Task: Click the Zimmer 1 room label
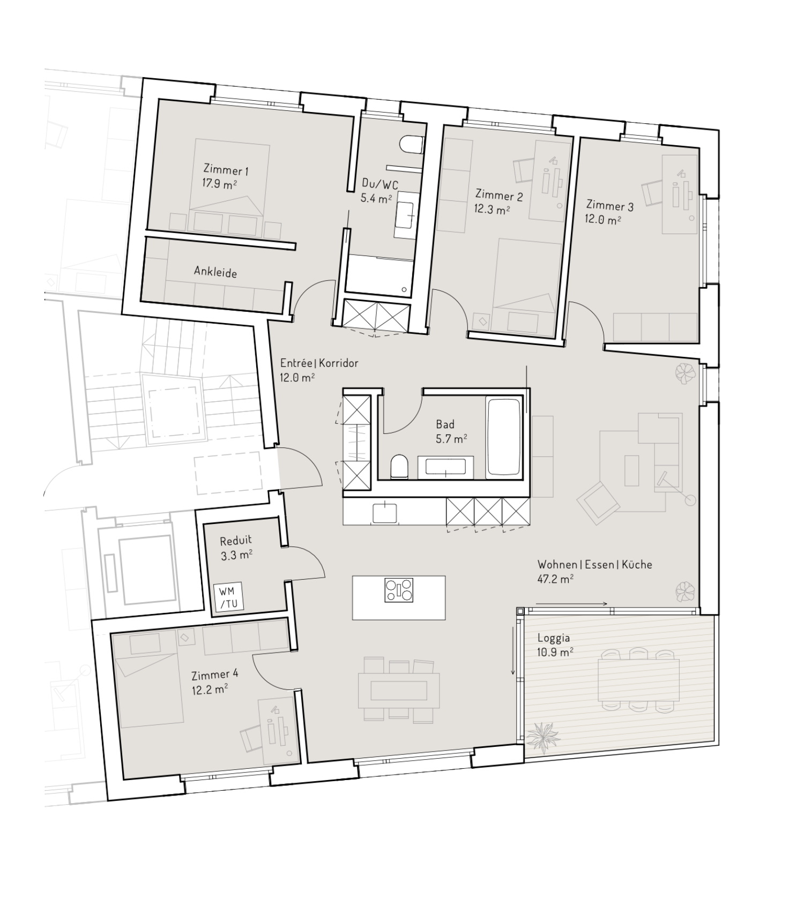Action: (226, 170)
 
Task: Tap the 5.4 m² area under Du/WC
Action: (376, 199)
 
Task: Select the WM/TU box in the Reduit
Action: (228, 597)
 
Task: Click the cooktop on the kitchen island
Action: (399, 590)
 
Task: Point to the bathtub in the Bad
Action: (503, 436)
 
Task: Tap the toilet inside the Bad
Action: (399, 466)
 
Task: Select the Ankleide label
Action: (215, 272)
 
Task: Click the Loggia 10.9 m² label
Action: (554, 645)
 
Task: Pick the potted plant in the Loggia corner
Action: (542, 738)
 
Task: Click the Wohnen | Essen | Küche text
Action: (594, 565)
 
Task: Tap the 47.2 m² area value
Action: (555, 579)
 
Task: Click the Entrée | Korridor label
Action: (319, 363)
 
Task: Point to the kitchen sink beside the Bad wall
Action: (385, 513)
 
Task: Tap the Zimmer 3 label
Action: (609, 206)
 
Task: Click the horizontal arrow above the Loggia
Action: (571, 604)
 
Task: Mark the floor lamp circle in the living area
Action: (690, 500)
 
